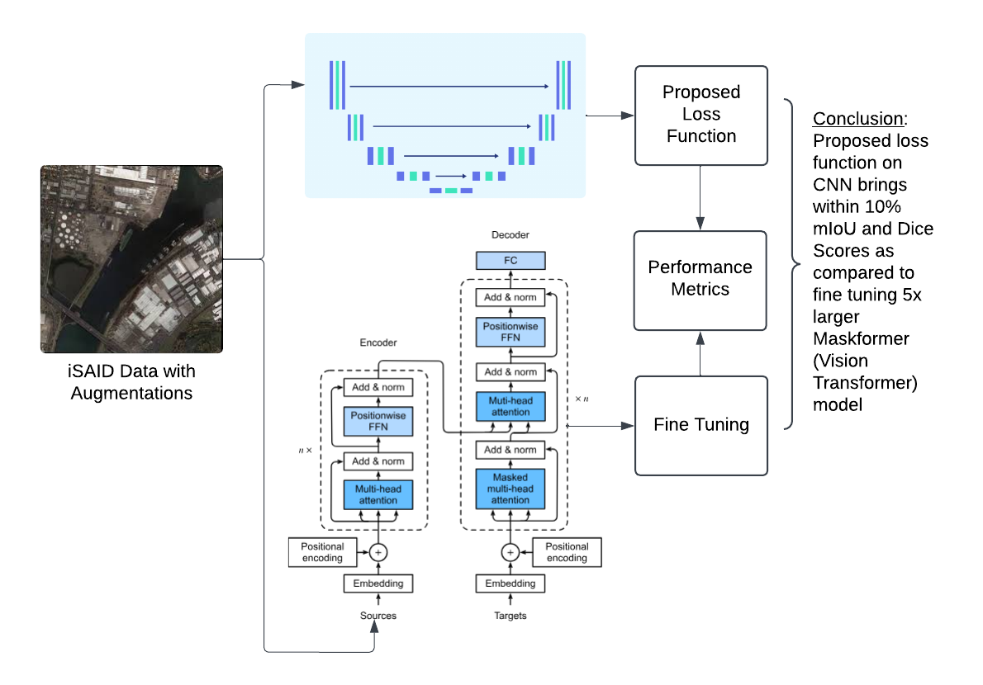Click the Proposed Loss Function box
[700, 115]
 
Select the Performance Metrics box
[700, 278]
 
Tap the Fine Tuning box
[700, 425]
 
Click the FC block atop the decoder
[510, 261]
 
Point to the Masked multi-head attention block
[510, 489]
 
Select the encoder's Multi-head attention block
[378, 495]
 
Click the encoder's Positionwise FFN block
[378, 422]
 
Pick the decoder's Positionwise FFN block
[510, 332]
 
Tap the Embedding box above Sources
[378, 583]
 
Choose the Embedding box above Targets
[510, 583]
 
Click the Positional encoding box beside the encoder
[322, 552]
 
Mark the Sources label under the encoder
[378, 616]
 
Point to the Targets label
[510, 616]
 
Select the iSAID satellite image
[131, 259]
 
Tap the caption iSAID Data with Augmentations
[131, 382]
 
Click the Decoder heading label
[510, 235]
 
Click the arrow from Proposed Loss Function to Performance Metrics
[700, 197]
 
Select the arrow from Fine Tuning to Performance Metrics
[700, 353]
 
